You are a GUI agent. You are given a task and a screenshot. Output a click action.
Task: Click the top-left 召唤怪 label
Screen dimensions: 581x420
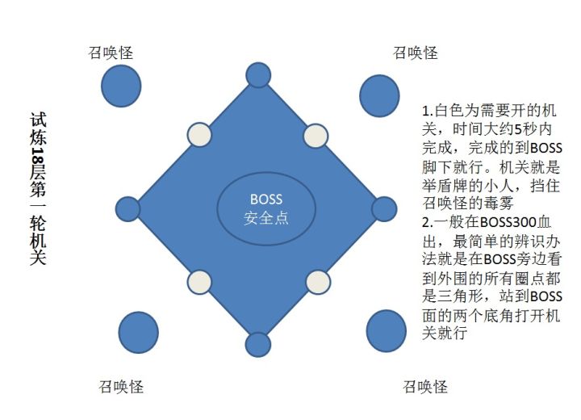[111, 52]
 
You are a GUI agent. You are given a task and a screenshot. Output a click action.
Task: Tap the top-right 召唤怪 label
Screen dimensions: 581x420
[415, 52]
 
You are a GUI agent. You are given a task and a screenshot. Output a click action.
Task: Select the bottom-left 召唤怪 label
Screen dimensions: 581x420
[121, 387]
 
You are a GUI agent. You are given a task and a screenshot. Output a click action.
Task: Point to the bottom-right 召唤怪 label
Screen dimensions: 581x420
[425, 387]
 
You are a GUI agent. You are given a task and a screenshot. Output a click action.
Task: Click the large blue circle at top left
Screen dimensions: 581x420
[121, 86]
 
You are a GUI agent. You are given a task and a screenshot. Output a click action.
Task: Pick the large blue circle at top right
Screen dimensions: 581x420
[379, 96]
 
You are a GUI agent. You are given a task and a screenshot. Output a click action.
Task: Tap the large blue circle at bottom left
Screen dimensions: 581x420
[139, 333]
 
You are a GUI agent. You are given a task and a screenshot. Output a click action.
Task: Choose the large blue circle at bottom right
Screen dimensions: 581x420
[386, 331]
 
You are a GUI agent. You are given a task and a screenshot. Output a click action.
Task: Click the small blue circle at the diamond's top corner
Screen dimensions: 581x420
[258, 75]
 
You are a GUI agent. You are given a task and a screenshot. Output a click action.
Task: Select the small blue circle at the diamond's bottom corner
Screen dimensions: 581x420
[258, 345]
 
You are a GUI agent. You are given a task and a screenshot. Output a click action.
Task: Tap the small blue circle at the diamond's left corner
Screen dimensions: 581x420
[127, 209]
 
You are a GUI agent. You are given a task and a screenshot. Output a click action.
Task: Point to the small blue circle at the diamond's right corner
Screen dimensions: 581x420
[384, 209]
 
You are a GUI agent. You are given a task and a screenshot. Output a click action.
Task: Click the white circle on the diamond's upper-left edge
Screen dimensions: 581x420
[199, 135]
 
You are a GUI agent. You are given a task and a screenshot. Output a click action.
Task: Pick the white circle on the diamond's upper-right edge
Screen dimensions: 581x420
[316, 136]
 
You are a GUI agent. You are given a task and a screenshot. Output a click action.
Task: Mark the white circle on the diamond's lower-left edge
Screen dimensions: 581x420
[199, 283]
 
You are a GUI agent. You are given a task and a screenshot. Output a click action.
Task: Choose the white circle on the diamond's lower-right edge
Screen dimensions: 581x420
[318, 283]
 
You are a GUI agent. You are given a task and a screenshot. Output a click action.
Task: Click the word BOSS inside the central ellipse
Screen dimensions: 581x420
[266, 199]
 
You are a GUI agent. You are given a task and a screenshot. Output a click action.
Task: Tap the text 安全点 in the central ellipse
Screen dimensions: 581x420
[266, 218]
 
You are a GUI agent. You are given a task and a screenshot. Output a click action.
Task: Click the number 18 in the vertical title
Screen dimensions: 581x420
[38, 155]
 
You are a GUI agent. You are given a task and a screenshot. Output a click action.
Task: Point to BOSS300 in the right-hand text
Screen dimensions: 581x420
[508, 223]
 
